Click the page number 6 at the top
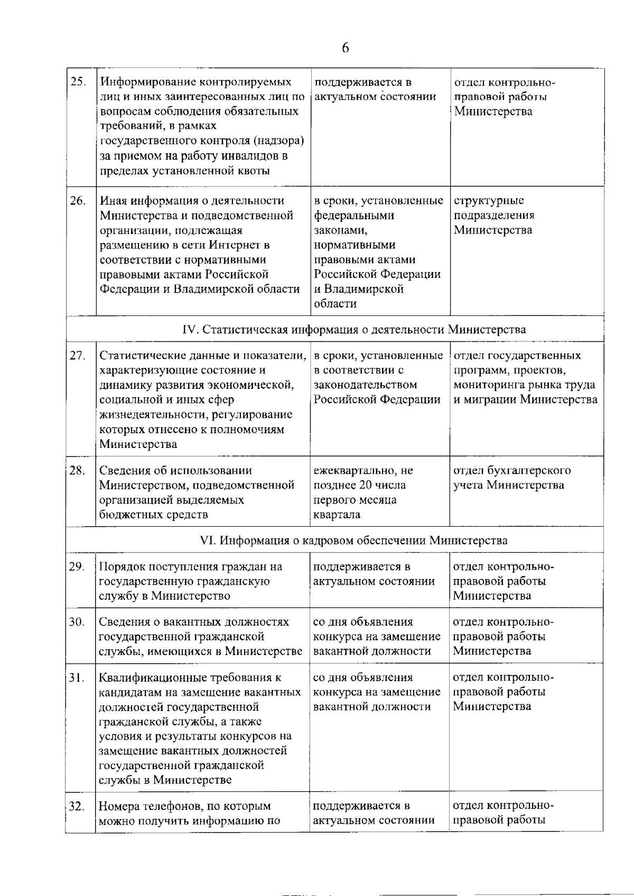tap(345, 48)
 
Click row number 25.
tap(78, 82)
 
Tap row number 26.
tap(78, 201)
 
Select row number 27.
tap(78, 356)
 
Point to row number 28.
tap(78, 470)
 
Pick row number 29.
tap(77, 567)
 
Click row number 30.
tap(77, 622)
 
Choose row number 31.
tap(77, 678)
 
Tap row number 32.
tap(77, 806)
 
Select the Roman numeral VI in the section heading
tap(208, 540)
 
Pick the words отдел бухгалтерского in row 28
tap(512, 470)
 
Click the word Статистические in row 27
tap(139, 356)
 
